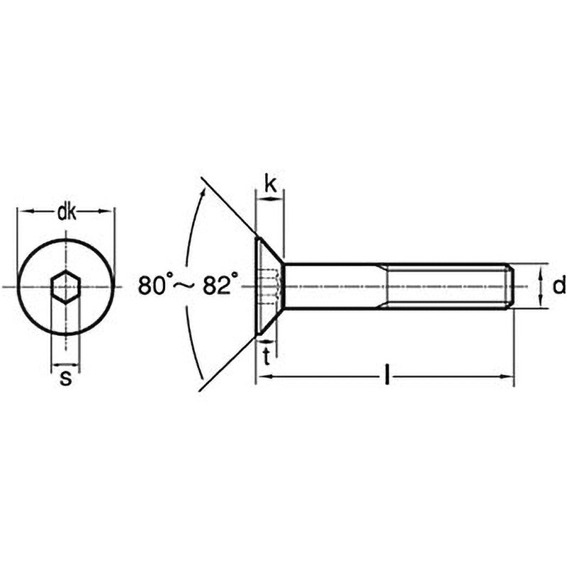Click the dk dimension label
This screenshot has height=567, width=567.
coord(67,213)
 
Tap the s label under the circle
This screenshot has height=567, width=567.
coord(65,378)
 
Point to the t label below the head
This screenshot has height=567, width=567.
coord(267,357)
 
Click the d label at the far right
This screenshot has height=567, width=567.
coord(559,286)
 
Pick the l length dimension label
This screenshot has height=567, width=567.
coord(387,376)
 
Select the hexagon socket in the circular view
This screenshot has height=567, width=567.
coord(65,287)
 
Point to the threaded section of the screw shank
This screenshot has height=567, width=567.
coord(446,286)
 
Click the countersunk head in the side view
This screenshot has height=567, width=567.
coord(270,286)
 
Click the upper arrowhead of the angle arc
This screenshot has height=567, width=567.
coord(203,192)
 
